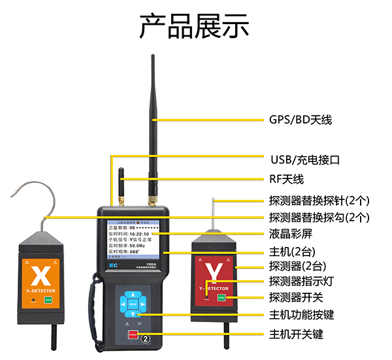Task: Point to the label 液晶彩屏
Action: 289,233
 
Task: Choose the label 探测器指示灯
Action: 301,282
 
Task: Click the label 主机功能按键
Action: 301,314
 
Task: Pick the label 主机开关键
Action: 295,335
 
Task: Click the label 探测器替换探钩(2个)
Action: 319,217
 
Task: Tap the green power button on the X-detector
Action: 48,301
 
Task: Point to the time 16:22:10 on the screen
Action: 139,233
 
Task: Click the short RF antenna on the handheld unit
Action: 121,184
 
